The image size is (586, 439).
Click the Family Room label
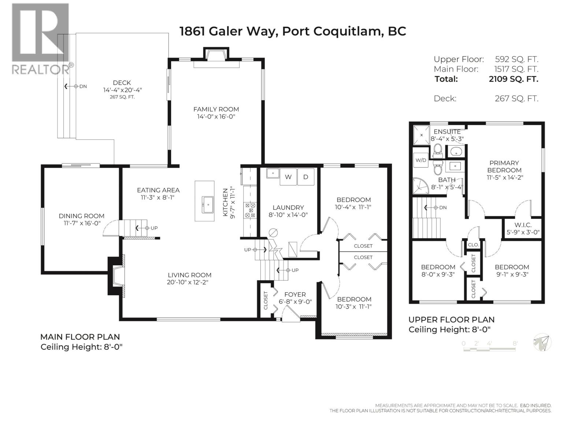pyautogui.click(x=216, y=109)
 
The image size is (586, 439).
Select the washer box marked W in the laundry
pyautogui.click(x=289, y=177)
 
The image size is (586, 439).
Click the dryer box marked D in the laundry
pyautogui.click(x=306, y=177)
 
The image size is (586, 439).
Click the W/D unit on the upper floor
pyautogui.click(x=420, y=160)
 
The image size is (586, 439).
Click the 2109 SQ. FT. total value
pyautogui.click(x=513, y=79)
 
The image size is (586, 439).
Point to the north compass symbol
pyautogui.click(x=542, y=343)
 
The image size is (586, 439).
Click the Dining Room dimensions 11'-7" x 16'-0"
pyautogui.click(x=82, y=223)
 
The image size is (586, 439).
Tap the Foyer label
pyautogui.click(x=295, y=294)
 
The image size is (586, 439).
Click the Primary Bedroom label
pyautogui.click(x=504, y=166)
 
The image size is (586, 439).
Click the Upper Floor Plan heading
pyautogui.click(x=451, y=319)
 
